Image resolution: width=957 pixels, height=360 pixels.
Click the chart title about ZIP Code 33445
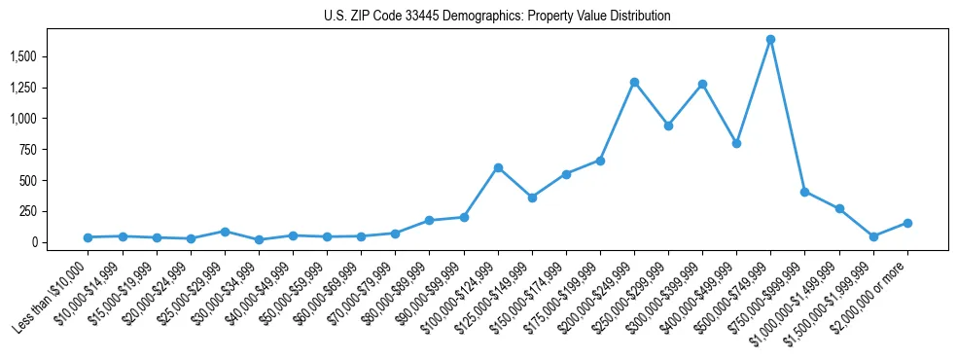coord(497,17)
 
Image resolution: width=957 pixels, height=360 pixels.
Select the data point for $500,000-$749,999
coord(770,40)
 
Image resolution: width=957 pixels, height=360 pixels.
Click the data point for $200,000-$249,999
coord(634,82)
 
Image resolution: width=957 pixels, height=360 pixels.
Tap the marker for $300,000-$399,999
coord(702,84)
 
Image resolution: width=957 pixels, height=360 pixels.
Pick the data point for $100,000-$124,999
coord(498,167)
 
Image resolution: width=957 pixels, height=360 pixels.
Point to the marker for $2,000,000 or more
coord(907,223)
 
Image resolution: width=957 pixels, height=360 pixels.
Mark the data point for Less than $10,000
coord(88,237)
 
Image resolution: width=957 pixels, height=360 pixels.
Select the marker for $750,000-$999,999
coord(804,192)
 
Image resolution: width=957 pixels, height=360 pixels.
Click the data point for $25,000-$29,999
coord(225,232)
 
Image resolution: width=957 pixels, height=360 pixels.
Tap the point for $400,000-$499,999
coord(736,143)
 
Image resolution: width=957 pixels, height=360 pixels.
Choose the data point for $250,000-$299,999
coord(668,126)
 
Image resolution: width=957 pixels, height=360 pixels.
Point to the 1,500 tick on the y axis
coord(22,57)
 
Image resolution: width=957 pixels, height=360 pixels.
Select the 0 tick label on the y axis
coord(34,242)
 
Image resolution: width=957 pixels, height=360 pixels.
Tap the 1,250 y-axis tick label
coord(22,89)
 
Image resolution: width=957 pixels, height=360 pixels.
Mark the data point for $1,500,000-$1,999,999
coord(873,236)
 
